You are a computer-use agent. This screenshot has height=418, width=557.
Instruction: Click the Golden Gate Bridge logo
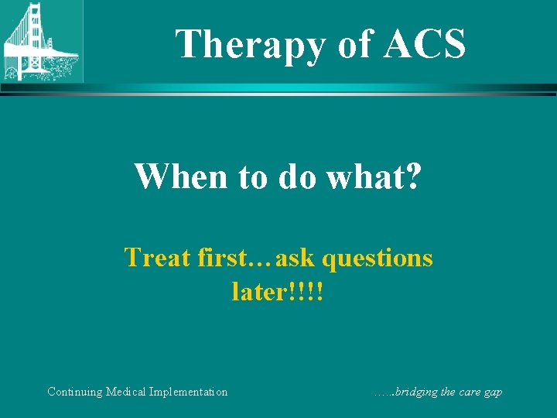[41, 41]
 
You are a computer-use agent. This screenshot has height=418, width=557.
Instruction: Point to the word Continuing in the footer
[76, 392]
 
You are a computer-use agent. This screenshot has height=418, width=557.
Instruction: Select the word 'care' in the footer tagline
[466, 392]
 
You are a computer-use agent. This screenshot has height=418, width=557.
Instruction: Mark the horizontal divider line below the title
[278, 90]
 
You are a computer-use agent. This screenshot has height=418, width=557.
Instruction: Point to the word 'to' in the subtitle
[252, 176]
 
